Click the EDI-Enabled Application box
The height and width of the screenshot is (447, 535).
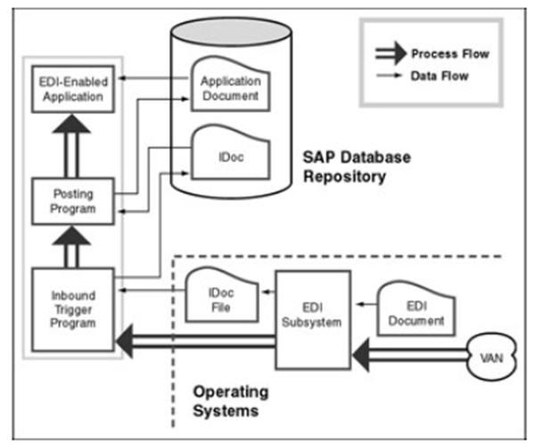pyautogui.click(x=73, y=88)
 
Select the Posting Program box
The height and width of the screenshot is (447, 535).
pyautogui.click(x=73, y=202)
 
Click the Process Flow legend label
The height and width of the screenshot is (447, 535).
pyautogui.click(x=450, y=54)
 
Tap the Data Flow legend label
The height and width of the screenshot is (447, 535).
pyautogui.click(x=441, y=78)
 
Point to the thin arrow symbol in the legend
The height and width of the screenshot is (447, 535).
pyautogui.click(x=389, y=78)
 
